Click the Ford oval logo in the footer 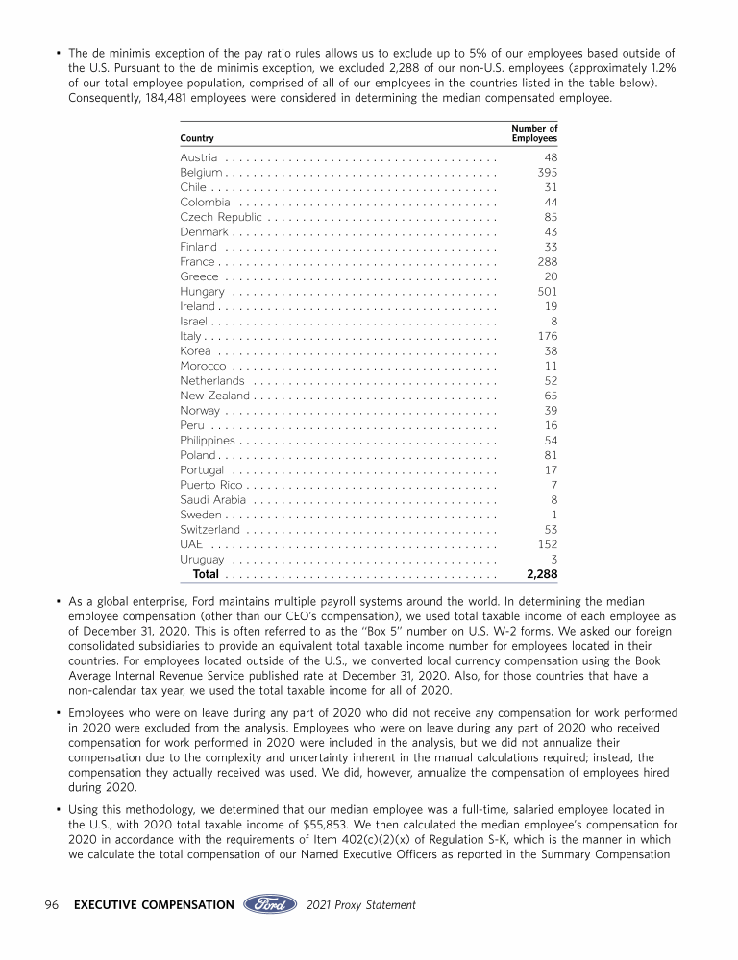point(270,904)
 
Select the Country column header point(197,139)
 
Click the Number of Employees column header point(534,133)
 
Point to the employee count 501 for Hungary point(547,292)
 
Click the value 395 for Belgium point(547,172)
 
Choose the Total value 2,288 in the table point(542,574)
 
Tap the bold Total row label point(206,574)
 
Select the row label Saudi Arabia point(213,499)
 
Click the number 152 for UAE point(547,544)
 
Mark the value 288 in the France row point(547,262)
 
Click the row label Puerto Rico point(210,485)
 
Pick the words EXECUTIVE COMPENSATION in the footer point(154,904)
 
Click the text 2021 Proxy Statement point(361,904)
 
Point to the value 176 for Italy point(547,335)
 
